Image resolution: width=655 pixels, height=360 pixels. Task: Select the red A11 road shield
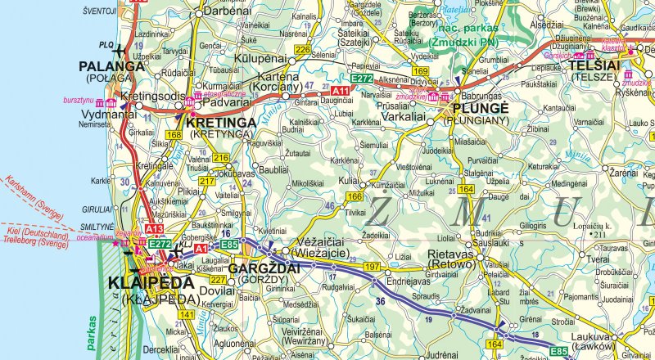(340, 89)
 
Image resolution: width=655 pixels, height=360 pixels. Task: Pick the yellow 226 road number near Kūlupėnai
(302, 51)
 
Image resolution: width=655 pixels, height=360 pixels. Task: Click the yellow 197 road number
(372, 268)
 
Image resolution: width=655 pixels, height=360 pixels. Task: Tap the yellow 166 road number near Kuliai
(354, 196)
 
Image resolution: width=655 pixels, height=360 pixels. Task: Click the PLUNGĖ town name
(479, 108)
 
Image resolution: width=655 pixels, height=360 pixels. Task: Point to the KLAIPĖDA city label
(151, 283)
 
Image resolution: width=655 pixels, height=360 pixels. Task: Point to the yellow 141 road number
(187, 315)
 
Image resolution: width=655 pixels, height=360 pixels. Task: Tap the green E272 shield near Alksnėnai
(361, 78)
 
